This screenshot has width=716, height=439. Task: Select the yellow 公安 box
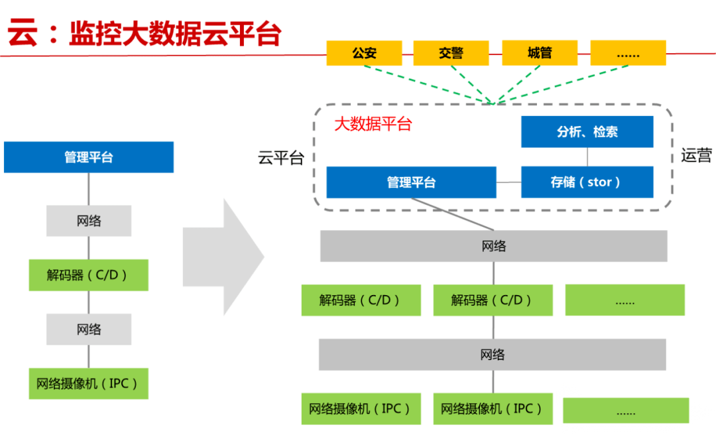coord(364,53)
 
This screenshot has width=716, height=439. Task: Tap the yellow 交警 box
coord(451,53)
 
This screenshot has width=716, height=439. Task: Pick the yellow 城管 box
coord(540,53)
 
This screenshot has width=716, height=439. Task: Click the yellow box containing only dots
coord(628,53)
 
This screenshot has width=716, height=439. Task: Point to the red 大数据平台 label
coord(373,124)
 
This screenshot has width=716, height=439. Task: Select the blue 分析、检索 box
coord(587,131)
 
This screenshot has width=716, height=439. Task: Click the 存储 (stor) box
coord(587,182)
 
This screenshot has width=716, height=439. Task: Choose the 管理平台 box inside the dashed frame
coord(411,182)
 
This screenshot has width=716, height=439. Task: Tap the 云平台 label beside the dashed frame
coord(280,158)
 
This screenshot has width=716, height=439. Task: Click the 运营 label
coord(696,156)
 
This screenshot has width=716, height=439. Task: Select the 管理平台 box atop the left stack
coord(89,157)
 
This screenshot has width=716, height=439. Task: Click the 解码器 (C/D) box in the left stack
coord(89,275)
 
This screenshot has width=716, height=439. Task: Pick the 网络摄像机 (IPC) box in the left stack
coord(89,383)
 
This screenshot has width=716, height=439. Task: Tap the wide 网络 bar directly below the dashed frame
coord(493,246)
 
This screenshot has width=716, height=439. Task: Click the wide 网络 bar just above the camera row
coord(493,354)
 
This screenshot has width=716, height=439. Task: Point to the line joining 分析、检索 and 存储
coord(587,157)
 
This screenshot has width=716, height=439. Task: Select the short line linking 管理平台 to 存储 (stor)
coord(508,182)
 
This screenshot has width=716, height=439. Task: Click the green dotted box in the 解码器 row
coord(625,300)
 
